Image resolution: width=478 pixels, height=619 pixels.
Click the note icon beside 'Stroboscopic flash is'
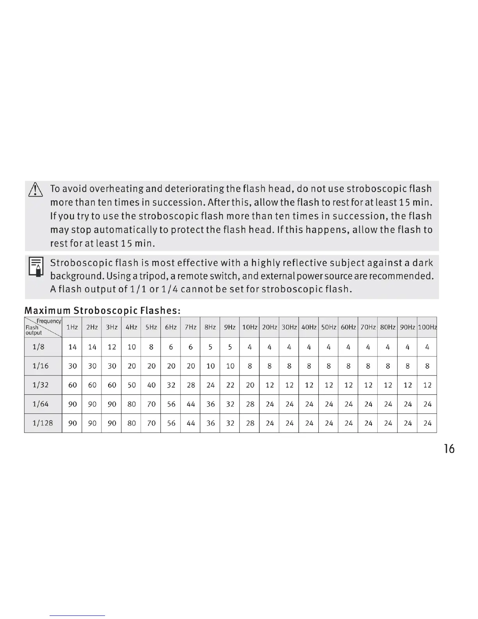pyautogui.click(x=36, y=267)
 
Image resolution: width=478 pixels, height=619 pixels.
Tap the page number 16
pyautogui.click(x=449, y=449)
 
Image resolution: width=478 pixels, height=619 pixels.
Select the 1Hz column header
pyautogui.click(x=72, y=327)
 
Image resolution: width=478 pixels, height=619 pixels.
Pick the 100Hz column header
pyautogui.click(x=427, y=327)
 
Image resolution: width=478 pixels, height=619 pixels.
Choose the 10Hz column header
pyautogui.click(x=250, y=327)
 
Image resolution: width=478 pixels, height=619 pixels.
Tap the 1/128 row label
pyautogui.click(x=43, y=423)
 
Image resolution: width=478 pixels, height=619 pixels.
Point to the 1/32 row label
pyautogui.click(x=41, y=385)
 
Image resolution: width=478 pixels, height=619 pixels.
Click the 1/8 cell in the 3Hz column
pyautogui.click(x=112, y=347)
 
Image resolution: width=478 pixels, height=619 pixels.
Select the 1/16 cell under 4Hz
pyautogui.click(x=132, y=366)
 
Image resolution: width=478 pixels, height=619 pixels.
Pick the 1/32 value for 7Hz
pyautogui.click(x=191, y=385)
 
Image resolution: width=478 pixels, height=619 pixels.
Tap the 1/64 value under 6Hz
pyautogui.click(x=171, y=404)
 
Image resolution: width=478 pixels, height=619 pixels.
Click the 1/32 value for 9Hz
pyautogui.click(x=230, y=385)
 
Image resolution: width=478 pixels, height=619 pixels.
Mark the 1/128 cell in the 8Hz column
pyautogui.click(x=210, y=423)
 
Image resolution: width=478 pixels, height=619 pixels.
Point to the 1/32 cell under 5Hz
pyautogui.click(x=151, y=385)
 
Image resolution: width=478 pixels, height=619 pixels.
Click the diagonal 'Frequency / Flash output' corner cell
pyautogui.click(x=43, y=327)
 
